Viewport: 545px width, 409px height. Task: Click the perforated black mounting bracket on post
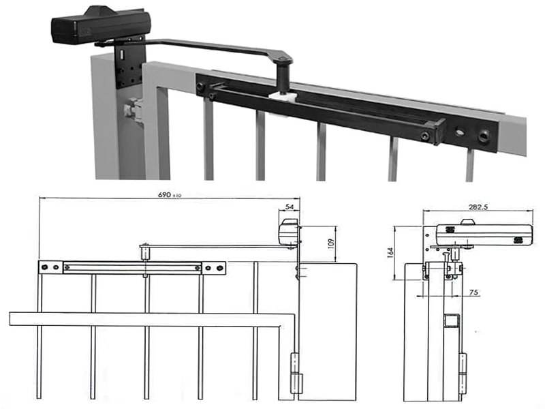[x=129, y=65]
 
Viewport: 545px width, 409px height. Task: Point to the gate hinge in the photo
[x=134, y=109]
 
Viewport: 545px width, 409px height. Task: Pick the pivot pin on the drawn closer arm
[x=145, y=252]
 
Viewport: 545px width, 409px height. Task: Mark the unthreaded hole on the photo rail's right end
[x=460, y=132]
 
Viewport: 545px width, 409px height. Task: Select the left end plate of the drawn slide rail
[x=50, y=267]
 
